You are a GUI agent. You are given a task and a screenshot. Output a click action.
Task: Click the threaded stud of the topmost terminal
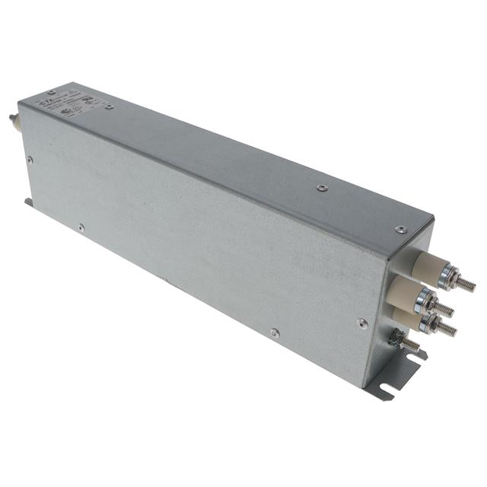[x=464, y=284]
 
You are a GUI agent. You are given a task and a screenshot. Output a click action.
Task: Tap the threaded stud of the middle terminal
[x=444, y=309]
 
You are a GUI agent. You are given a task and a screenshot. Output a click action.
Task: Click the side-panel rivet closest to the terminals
[x=363, y=323]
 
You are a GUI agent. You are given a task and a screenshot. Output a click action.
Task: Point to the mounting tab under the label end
[x=28, y=202]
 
